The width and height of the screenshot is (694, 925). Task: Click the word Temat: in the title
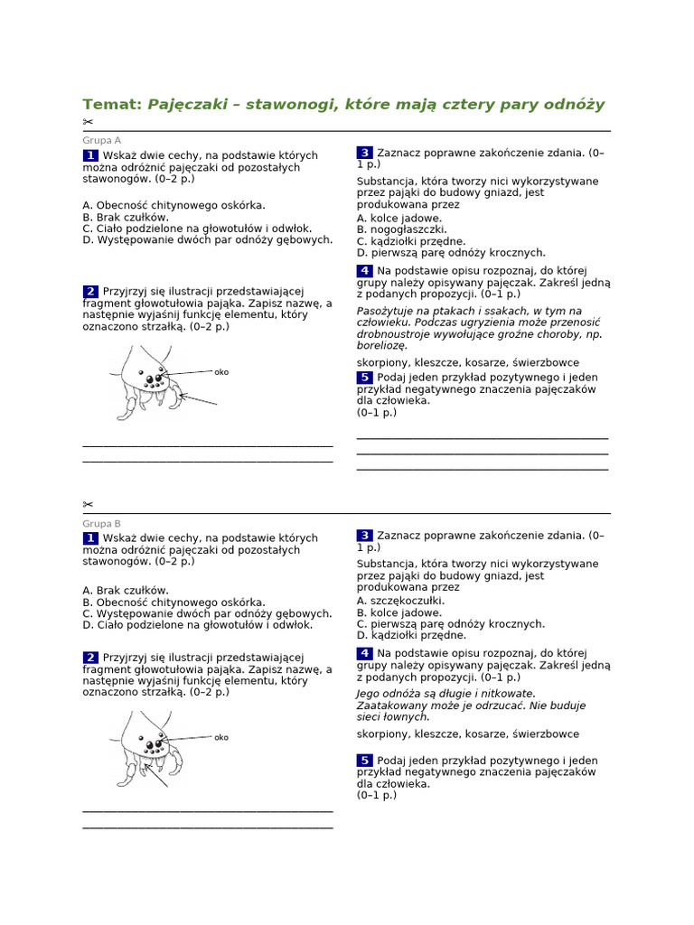(x=112, y=105)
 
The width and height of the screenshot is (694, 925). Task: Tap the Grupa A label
(x=101, y=140)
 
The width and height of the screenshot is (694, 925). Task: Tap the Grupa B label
(x=101, y=523)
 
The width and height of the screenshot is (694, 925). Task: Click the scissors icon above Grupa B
(x=88, y=504)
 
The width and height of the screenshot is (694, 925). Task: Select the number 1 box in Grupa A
(x=90, y=156)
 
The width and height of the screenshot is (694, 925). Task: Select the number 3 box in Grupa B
(x=364, y=536)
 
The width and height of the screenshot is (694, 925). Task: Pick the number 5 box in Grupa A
(x=364, y=377)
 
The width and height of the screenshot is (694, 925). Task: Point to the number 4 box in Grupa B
(x=364, y=653)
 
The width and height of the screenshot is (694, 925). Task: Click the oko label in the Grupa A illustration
(x=221, y=371)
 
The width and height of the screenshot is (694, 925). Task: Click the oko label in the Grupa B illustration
(x=221, y=737)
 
